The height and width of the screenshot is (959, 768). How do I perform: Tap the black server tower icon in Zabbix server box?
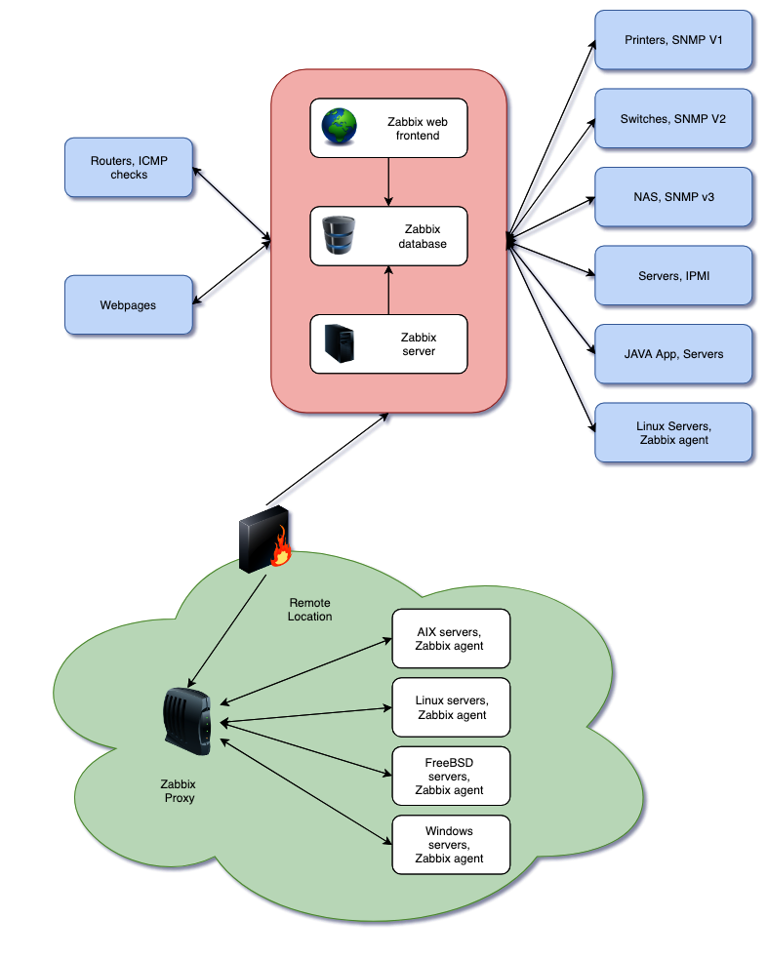pyautogui.click(x=340, y=343)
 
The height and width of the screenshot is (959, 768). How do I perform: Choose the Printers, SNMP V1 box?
pyautogui.click(x=673, y=41)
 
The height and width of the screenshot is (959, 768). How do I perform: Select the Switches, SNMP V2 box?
pyautogui.click(x=673, y=119)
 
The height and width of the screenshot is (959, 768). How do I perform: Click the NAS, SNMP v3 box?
pyautogui.click(x=673, y=197)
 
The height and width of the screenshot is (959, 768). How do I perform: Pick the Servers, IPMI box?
pyautogui.click(x=673, y=275)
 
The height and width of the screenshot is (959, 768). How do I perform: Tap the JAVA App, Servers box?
pyautogui.click(x=673, y=353)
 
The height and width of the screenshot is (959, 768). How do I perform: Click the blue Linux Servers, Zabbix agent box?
pyautogui.click(x=673, y=432)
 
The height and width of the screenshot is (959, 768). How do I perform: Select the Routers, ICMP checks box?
pyautogui.click(x=129, y=167)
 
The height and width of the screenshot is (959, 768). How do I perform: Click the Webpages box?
pyautogui.click(x=129, y=304)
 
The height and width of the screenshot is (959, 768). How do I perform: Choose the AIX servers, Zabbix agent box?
pyautogui.click(x=451, y=639)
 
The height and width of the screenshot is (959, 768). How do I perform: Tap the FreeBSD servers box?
pyautogui.click(x=451, y=776)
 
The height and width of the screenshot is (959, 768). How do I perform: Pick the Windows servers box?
pyautogui.click(x=451, y=845)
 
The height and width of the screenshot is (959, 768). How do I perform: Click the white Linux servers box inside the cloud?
pyautogui.click(x=451, y=707)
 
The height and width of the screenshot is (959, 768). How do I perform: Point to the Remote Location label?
pyautogui.click(x=310, y=610)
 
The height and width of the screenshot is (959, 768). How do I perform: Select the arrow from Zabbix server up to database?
pyautogui.click(x=388, y=290)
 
